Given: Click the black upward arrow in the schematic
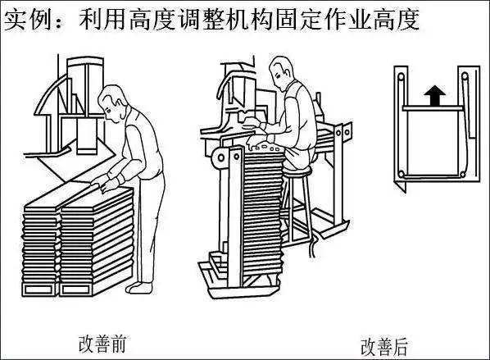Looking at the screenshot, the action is tap(434, 95).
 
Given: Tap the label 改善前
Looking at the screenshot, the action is tap(102, 343).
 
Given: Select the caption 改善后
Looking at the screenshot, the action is tap(384, 346).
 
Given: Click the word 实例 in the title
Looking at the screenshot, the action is tap(28, 20).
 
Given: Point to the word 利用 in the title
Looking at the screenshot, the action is tap(102, 20).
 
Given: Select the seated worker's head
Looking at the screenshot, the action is tap(281, 72).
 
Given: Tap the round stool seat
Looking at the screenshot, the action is tap(297, 171).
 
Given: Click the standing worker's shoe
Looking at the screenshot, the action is tap(138, 288).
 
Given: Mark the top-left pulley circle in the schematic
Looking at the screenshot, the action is tap(401, 76).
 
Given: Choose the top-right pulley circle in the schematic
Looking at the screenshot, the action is tap(465, 76).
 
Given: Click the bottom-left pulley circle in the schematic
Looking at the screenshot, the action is tap(402, 174).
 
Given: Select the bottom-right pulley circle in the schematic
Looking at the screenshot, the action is tap(462, 174).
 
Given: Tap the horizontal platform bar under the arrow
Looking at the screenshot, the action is tap(433, 108).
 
